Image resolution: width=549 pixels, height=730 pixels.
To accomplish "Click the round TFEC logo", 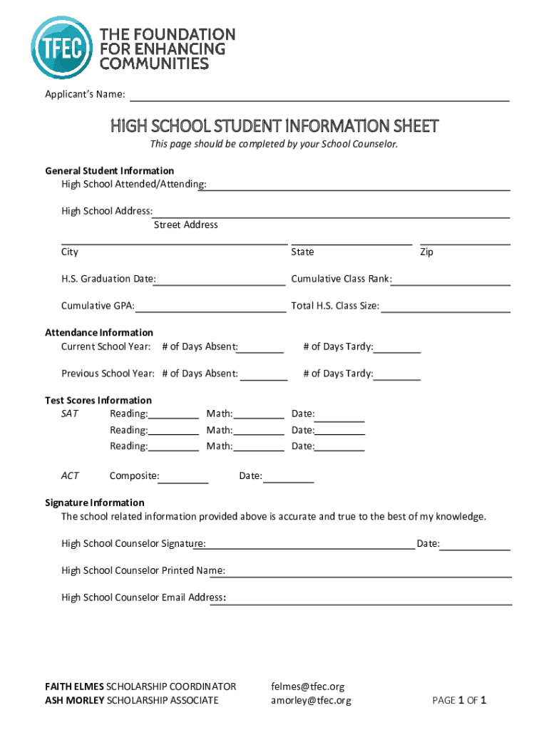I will tap(62, 47).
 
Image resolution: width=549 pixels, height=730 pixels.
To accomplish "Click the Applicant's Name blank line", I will tap(319, 98).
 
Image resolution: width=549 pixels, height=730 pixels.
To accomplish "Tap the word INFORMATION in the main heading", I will tap(338, 127).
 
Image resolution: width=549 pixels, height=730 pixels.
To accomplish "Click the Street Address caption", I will tap(186, 225).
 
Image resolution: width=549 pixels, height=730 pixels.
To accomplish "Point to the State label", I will tap(302, 252).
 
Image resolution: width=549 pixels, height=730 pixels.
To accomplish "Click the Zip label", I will tap(427, 252).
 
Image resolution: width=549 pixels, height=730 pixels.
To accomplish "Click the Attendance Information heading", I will tap(99, 333).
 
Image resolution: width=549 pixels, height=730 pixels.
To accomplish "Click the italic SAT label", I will tap(70, 414).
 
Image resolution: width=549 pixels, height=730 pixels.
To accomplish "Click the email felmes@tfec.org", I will tap(307, 687).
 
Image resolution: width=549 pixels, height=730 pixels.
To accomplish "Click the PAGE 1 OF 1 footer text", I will tap(459, 701).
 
